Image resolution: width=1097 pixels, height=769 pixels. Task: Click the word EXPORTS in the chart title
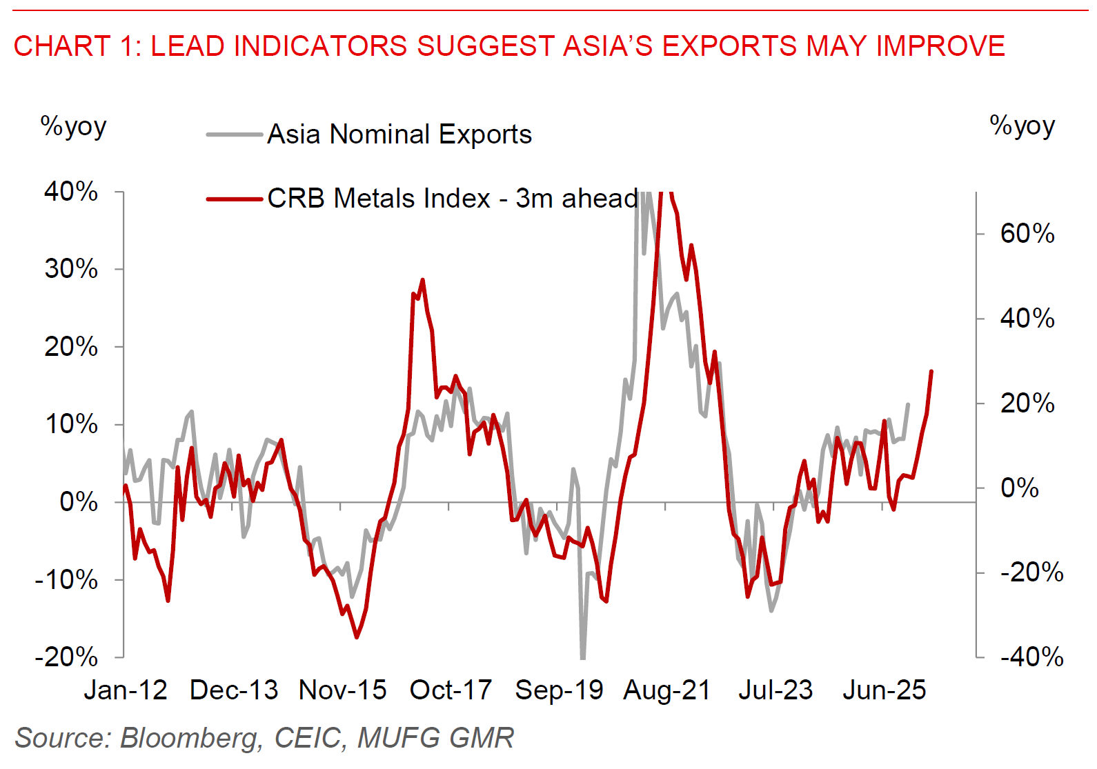click(730, 46)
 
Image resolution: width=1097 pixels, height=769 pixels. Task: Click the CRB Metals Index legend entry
click(452, 199)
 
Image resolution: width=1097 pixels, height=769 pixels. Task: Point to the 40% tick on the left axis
click(71, 191)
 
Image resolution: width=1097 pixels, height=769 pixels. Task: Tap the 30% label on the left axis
click(71, 269)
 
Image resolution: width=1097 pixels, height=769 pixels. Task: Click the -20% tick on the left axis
click(67, 657)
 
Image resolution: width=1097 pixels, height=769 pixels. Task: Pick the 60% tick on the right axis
click(1027, 234)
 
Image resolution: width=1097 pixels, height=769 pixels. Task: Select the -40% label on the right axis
click(1031, 657)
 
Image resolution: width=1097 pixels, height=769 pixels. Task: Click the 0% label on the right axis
click(1019, 488)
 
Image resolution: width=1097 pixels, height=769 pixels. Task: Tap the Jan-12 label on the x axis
click(126, 690)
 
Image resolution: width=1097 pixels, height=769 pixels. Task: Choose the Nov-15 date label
click(342, 690)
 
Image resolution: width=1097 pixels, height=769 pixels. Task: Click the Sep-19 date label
click(559, 690)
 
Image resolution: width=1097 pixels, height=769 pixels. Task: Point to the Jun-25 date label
click(884, 690)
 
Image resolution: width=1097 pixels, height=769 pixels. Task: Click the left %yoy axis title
click(73, 126)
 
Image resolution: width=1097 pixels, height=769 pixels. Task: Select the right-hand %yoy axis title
click(1022, 126)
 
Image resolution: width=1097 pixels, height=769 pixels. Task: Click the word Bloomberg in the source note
click(191, 738)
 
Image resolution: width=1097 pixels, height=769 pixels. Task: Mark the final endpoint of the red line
click(931, 371)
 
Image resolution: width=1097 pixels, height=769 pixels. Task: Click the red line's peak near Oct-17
click(422, 280)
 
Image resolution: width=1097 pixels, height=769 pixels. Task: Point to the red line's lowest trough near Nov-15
click(357, 637)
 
